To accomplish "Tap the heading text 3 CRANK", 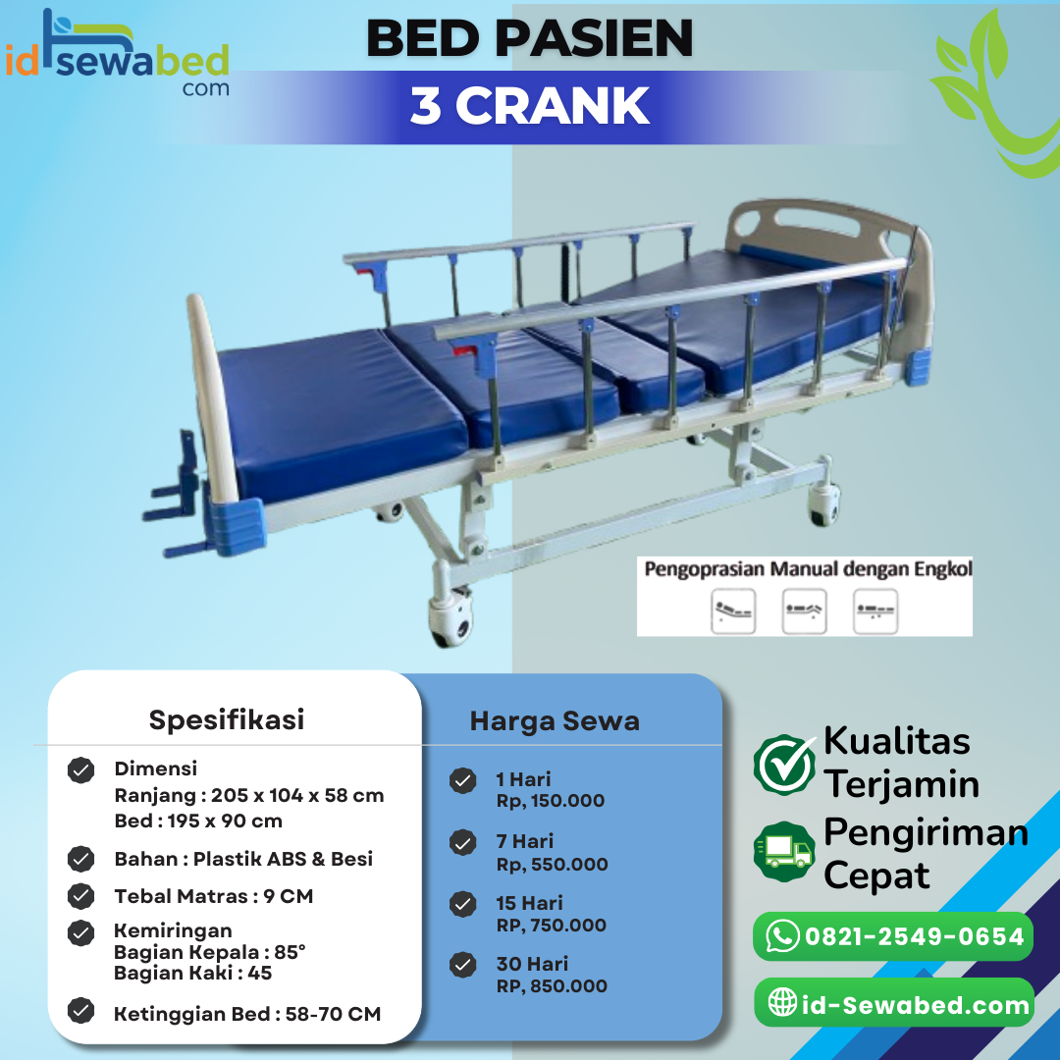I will click(x=530, y=106).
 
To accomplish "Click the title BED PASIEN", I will click(x=530, y=39).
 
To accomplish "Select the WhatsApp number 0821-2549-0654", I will click(x=914, y=936).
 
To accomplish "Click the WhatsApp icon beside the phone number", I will click(x=782, y=936).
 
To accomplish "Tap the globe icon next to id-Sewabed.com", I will click(x=782, y=1003).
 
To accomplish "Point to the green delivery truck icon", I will click(x=784, y=850).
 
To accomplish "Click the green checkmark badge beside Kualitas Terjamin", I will click(x=784, y=764).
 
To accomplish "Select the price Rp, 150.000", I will click(x=550, y=801).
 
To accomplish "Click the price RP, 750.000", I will click(x=551, y=925).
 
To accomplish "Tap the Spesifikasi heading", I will click(x=227, y=719).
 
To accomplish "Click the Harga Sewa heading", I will click(x=555, y=721).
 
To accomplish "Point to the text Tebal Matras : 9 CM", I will click(x=214, y=896).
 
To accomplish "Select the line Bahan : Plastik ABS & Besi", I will click(x=243, y=859).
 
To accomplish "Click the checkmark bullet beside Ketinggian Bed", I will click(x=81, y=1011).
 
